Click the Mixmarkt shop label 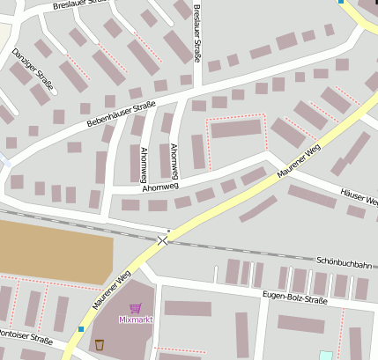(x=135, y=319)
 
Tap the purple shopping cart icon (x=135, y=308)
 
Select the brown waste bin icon (x=100, y=344)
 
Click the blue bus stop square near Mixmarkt (x=81, y=329)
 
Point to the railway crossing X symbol (x=162, y=239)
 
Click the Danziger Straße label (x=33, y=70)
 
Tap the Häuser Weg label (x=359, y=197)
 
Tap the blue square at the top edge (x=341, y=2)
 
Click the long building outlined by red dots (x=236, y=129)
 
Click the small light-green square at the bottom (x=326, y=356)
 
